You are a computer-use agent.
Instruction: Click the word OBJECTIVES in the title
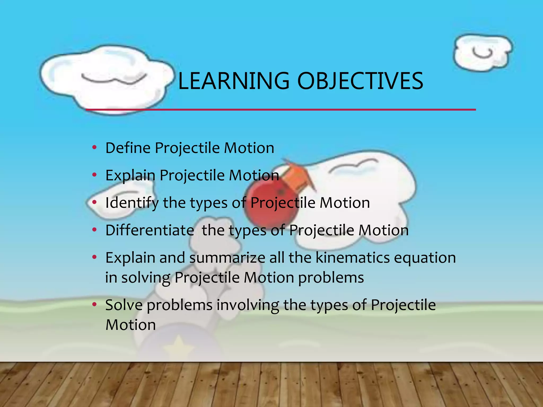360,81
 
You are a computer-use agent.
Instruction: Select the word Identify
132,203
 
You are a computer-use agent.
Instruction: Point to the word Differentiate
150,230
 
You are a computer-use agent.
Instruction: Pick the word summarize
227,258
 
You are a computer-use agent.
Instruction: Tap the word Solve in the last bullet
124,305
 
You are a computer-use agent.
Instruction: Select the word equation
425,258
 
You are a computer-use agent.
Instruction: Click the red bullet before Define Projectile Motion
94,147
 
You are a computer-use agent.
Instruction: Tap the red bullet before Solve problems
94,305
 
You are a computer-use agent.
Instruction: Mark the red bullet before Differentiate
94,230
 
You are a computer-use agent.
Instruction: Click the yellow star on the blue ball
179,347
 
